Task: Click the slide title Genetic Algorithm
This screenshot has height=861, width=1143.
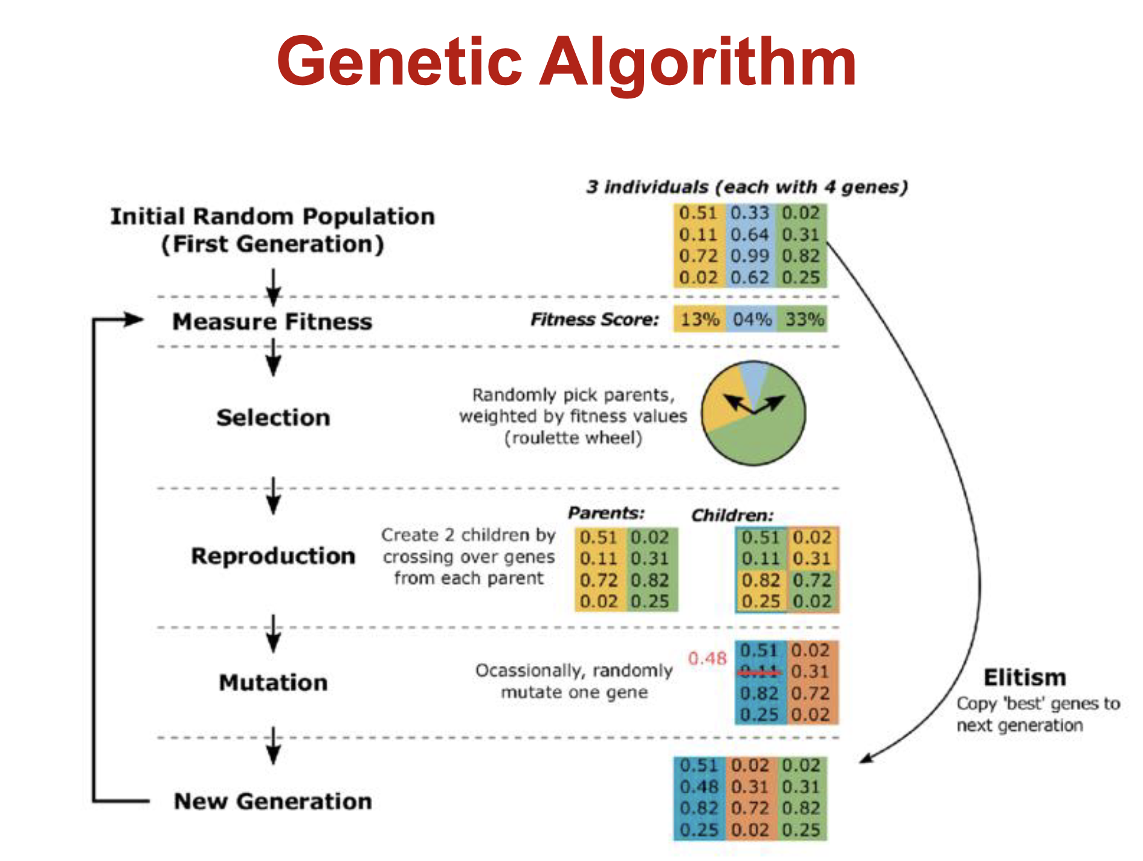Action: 566,62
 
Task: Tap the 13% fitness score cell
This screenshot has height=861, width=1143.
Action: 700,319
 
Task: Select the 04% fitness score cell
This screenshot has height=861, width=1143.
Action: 752,319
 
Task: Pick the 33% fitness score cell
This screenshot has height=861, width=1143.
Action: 804,319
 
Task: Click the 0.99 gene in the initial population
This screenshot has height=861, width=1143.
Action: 750,256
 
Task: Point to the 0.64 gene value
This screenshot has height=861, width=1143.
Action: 750,234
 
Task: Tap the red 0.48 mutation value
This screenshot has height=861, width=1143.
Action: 707,658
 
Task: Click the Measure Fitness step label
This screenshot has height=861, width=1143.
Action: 272,322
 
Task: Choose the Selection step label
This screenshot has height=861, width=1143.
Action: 273,418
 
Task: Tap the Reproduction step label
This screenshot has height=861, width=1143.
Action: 273,556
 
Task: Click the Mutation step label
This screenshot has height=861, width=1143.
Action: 273,683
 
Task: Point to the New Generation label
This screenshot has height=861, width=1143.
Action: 272,802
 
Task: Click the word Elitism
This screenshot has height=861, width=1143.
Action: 1025,678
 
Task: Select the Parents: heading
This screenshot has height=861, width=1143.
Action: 606,513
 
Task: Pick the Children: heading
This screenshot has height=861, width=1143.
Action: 732,515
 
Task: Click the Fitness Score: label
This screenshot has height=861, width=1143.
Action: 594,319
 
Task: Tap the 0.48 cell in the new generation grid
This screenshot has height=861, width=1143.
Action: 699,787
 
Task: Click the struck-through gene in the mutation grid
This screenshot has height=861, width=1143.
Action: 759,671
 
